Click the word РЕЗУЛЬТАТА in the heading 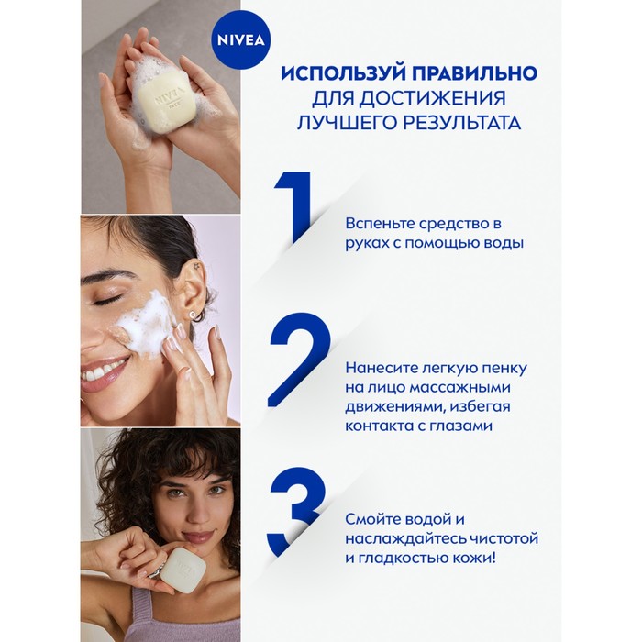(x=449, y=122)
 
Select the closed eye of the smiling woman (x=107, y=300)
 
